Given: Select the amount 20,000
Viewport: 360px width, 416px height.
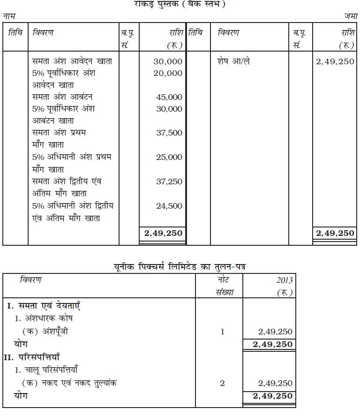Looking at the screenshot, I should (x=168, y=73).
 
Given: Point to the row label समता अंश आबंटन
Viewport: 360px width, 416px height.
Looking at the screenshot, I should (x=62, y=97).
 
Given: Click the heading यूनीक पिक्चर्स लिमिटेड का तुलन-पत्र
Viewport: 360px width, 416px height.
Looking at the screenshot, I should (x=180, y=266).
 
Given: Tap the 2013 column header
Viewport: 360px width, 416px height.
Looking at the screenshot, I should (x=284, y=280).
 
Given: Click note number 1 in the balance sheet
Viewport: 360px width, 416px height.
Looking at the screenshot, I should (x=222, y=332).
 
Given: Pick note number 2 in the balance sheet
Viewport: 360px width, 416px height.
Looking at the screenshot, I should (x=222, y=383).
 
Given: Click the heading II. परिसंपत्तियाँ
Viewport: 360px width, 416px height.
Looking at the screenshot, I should (x=41, y=358).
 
